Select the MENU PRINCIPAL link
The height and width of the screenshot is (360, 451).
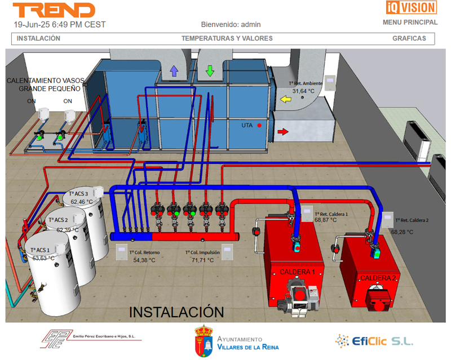point(410,23)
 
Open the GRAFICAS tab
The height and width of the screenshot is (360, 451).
point(409,39)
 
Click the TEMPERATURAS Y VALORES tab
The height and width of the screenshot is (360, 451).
point(227,39)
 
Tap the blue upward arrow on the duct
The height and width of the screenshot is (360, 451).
point(174,70)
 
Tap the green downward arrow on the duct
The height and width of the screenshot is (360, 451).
point(210,70)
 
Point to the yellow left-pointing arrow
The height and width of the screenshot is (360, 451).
point(286,100)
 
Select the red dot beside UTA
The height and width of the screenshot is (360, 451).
point(260,125)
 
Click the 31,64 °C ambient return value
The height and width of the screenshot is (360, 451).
point(303,91)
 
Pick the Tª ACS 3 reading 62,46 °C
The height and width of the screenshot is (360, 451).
point(82,202)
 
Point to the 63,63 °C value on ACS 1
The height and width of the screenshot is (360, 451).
point(43,258)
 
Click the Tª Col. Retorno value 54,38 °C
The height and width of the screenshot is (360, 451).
point(144,260)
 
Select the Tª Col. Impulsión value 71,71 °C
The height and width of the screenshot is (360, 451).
point(202,260)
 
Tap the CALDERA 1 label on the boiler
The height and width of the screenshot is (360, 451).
point(297,272)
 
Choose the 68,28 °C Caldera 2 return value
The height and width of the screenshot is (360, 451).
point(402,232)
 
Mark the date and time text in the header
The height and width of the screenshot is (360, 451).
point(59,25)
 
